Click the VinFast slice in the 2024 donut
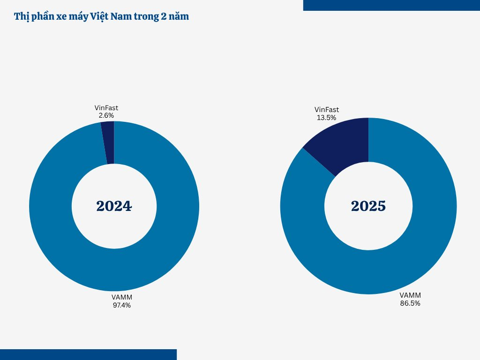108,142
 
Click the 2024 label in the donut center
114,206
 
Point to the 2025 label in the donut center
368,206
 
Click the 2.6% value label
106,115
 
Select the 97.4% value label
122,305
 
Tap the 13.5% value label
326,118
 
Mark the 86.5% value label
410,303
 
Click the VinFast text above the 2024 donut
106,108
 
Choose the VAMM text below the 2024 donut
122,298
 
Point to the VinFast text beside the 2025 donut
326,110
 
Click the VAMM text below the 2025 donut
410,295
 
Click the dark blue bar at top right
391,5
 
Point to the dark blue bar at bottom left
88,354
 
